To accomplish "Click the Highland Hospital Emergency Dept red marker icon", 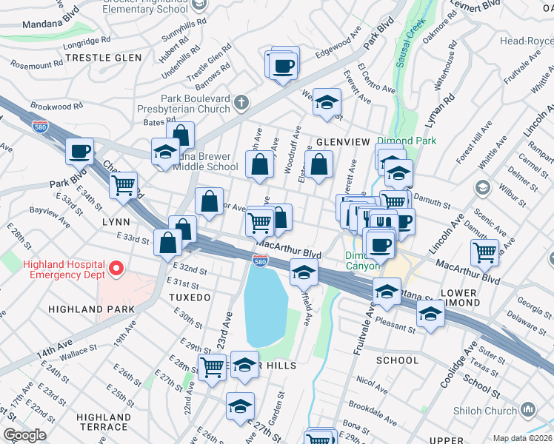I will point(116,267).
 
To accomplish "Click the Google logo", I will point(25,435).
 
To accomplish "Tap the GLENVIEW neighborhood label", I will point(342,141).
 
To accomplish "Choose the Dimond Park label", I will point(407,141).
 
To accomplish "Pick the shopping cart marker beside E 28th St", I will point(213,366).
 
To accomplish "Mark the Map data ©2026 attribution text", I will point(522,438).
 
